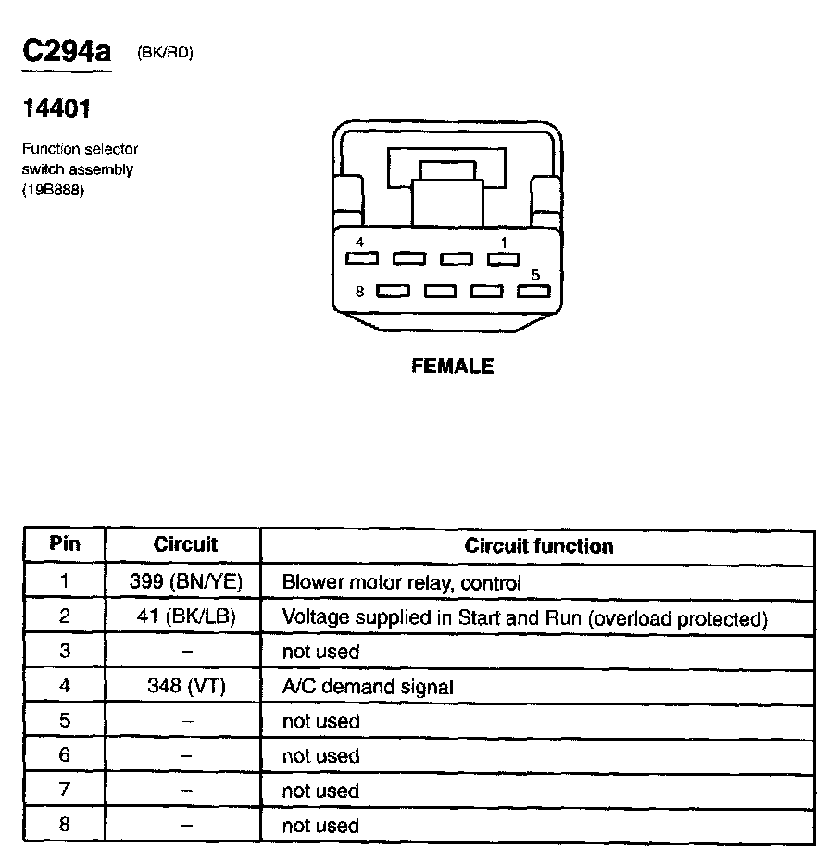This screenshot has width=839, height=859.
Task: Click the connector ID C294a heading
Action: pos(67,51)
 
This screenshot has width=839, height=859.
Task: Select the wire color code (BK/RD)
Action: pos(165,54)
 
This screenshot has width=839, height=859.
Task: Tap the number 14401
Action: pos(56,109)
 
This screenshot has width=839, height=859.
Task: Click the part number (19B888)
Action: pos(54,191)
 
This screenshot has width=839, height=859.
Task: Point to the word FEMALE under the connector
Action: pos(452,367)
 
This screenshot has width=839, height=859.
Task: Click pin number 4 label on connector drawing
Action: pos(359,243)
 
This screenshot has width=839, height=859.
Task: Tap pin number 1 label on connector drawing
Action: pos(504,243)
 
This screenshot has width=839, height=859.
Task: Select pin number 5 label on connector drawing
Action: pos(534,275)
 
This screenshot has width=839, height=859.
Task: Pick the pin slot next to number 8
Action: pos(393,292)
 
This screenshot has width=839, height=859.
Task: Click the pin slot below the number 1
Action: pos(503,259)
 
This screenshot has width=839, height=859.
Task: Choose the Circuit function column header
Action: pos(538,546)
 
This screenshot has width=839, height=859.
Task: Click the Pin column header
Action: pos(65,544)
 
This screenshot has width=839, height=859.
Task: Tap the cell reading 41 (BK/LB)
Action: pos(185,618)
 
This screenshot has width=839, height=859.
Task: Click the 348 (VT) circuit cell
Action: pos(185,687)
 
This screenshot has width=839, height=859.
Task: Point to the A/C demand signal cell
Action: pos(368,687)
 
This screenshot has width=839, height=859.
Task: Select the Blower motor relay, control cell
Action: pos(401,583)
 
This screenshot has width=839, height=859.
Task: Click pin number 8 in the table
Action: pos(65,825)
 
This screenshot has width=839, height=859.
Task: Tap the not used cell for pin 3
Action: pos(320,652)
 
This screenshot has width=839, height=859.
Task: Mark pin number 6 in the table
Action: pos(65,755)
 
